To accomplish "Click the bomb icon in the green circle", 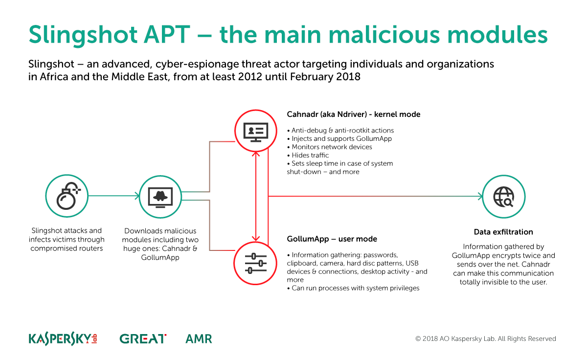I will coord(67,197).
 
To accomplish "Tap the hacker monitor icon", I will coord(161,197).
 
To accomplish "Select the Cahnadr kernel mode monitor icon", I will coord(255,132).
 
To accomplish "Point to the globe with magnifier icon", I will coord(503,197).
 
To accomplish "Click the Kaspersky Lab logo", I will coord(63,338).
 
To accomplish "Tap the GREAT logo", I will coord(143,338).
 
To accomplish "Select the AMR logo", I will coord(199,338).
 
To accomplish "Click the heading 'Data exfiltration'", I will coord(503,232).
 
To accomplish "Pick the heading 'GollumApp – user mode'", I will coord(332,239).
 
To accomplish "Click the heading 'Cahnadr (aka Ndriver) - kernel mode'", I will coord(353,114).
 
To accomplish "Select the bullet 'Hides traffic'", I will coord(310,155).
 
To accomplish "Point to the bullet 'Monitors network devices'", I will coord(332,147).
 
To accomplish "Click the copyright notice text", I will coord(485,338).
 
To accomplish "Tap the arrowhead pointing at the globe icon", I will coord(480,197).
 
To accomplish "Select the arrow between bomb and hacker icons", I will coord(113,197).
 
